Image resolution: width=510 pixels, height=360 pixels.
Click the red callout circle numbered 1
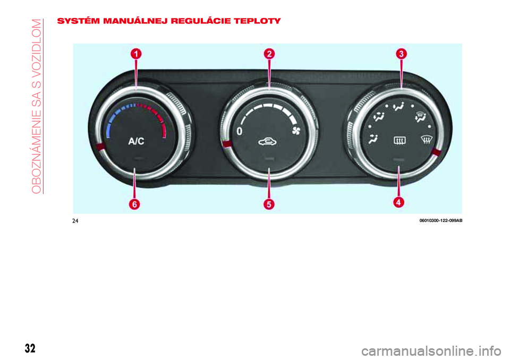click(x=136, y=54)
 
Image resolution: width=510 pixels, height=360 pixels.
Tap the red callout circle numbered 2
click(x=269, y=54)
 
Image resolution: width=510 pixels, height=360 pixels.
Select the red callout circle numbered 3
click(x=402, y=54)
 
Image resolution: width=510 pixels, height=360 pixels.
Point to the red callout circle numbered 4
click(x=399, y=202)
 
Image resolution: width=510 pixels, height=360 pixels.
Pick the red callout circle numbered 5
click(x=269, y=204)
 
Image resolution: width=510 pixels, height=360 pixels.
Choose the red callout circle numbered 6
click(x=134, y=204)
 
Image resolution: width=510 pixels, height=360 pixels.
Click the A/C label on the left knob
click(x=137, y=141)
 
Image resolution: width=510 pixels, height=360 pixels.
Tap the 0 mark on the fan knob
click(x=240, y=131)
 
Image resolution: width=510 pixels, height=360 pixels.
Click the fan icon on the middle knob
click(x=296, y=131)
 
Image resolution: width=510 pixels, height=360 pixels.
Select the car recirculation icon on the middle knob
click(x=268, y=142)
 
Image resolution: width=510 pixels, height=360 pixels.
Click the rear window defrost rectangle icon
click(x=399, y=141)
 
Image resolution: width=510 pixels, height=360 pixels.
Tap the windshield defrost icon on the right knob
click(x=427, y=140)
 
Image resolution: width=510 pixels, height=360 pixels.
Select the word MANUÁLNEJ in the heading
click(x=135, y=21)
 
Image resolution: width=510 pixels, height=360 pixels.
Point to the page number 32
click(x=30, y=348)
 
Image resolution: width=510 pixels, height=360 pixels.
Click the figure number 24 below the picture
click(x=75, y=221)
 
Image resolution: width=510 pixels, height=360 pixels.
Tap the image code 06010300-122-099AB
click(x=441, y=221)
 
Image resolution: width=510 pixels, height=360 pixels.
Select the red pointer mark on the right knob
click(x=437, y=152)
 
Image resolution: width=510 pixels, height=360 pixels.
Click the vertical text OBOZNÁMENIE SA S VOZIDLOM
click(x=37, y=106)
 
